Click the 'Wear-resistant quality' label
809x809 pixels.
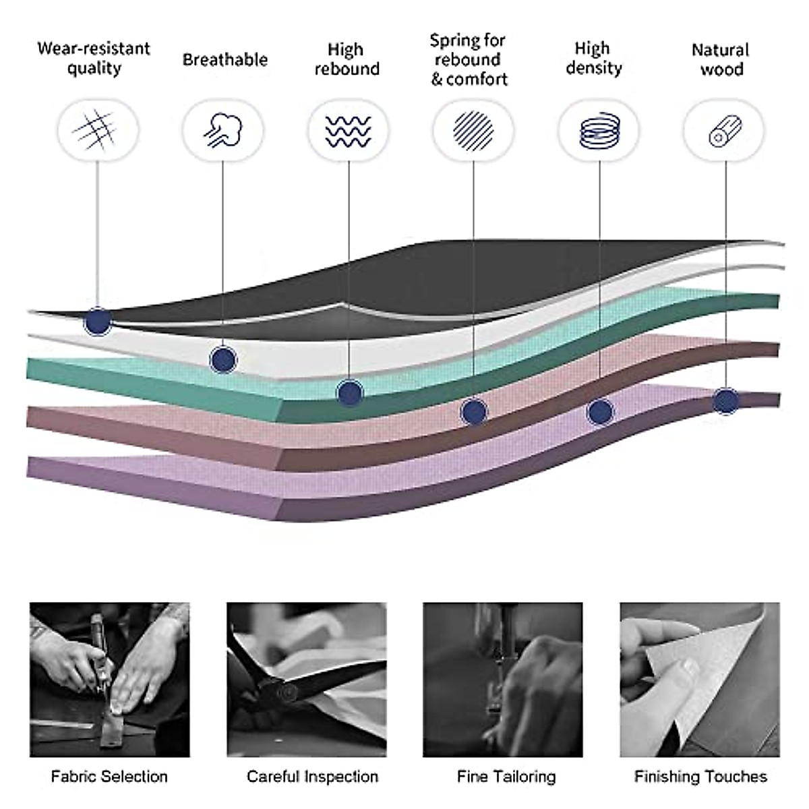pos(94,58)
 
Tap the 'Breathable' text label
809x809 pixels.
pos(224,59)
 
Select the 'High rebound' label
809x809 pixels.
pos(347,59)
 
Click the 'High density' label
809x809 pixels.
pos(593,58)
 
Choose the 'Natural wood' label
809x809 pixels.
pos(721,59)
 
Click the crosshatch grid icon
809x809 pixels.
pos(96,129)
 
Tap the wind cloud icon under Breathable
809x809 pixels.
pos(223,129)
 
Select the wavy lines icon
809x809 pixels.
pos(348,131)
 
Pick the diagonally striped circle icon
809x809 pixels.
pos(473,131)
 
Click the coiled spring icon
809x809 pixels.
pos(599,131)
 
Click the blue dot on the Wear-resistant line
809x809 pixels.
pos(98,321)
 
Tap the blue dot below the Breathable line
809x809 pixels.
pos(223,359)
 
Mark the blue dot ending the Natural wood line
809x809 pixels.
pos(725,401)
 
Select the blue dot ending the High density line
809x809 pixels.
pos(600,412)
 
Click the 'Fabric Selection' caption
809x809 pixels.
pos(109,777)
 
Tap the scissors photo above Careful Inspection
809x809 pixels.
pos(307,680)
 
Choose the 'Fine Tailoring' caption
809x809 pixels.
pos(506,777)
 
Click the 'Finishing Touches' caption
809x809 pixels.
pos(700,777)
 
